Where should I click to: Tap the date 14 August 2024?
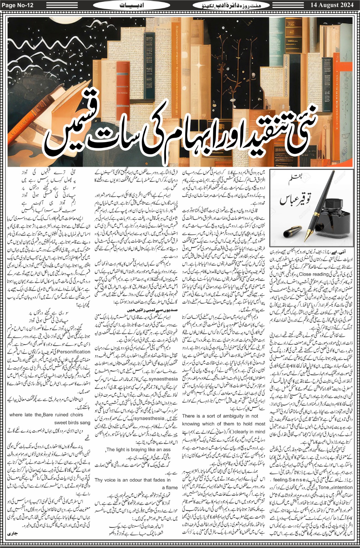[x=332, y=5]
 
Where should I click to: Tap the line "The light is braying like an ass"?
[x=139, y=450]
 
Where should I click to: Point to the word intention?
[x=342, y=487]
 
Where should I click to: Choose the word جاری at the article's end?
[x=12, y=534]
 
